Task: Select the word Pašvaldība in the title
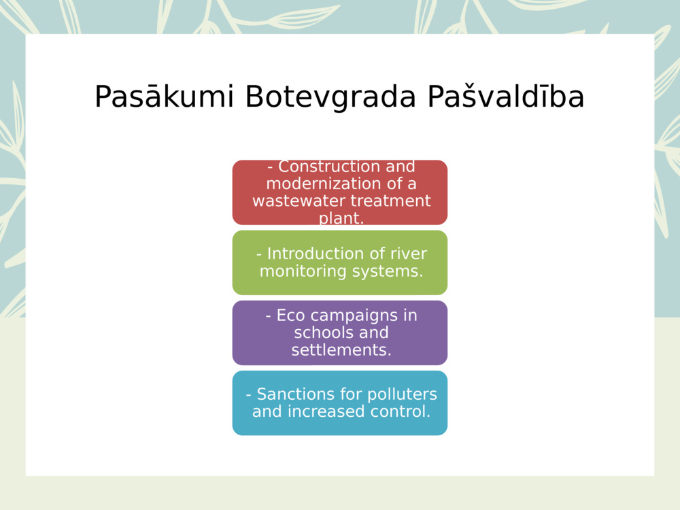[x=506, y=97]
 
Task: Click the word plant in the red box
[x=340, y=219]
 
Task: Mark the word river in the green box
[x=406, y=254]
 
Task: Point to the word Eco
[x=291, y=316]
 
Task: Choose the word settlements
[x=341, y=350]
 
